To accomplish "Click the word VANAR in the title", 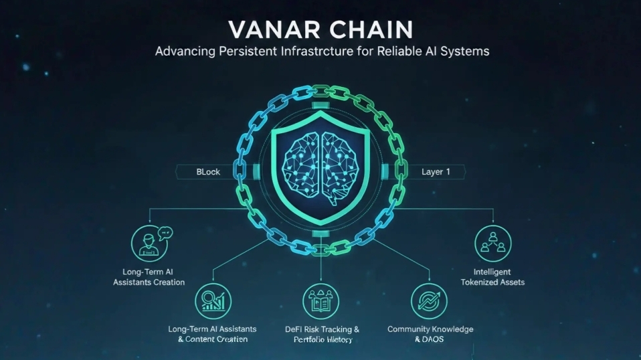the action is pos(269,30).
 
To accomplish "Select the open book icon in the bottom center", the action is pos(321,301).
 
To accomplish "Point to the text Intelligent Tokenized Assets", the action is pos(492,277).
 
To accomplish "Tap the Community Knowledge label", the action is pos(430,329).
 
